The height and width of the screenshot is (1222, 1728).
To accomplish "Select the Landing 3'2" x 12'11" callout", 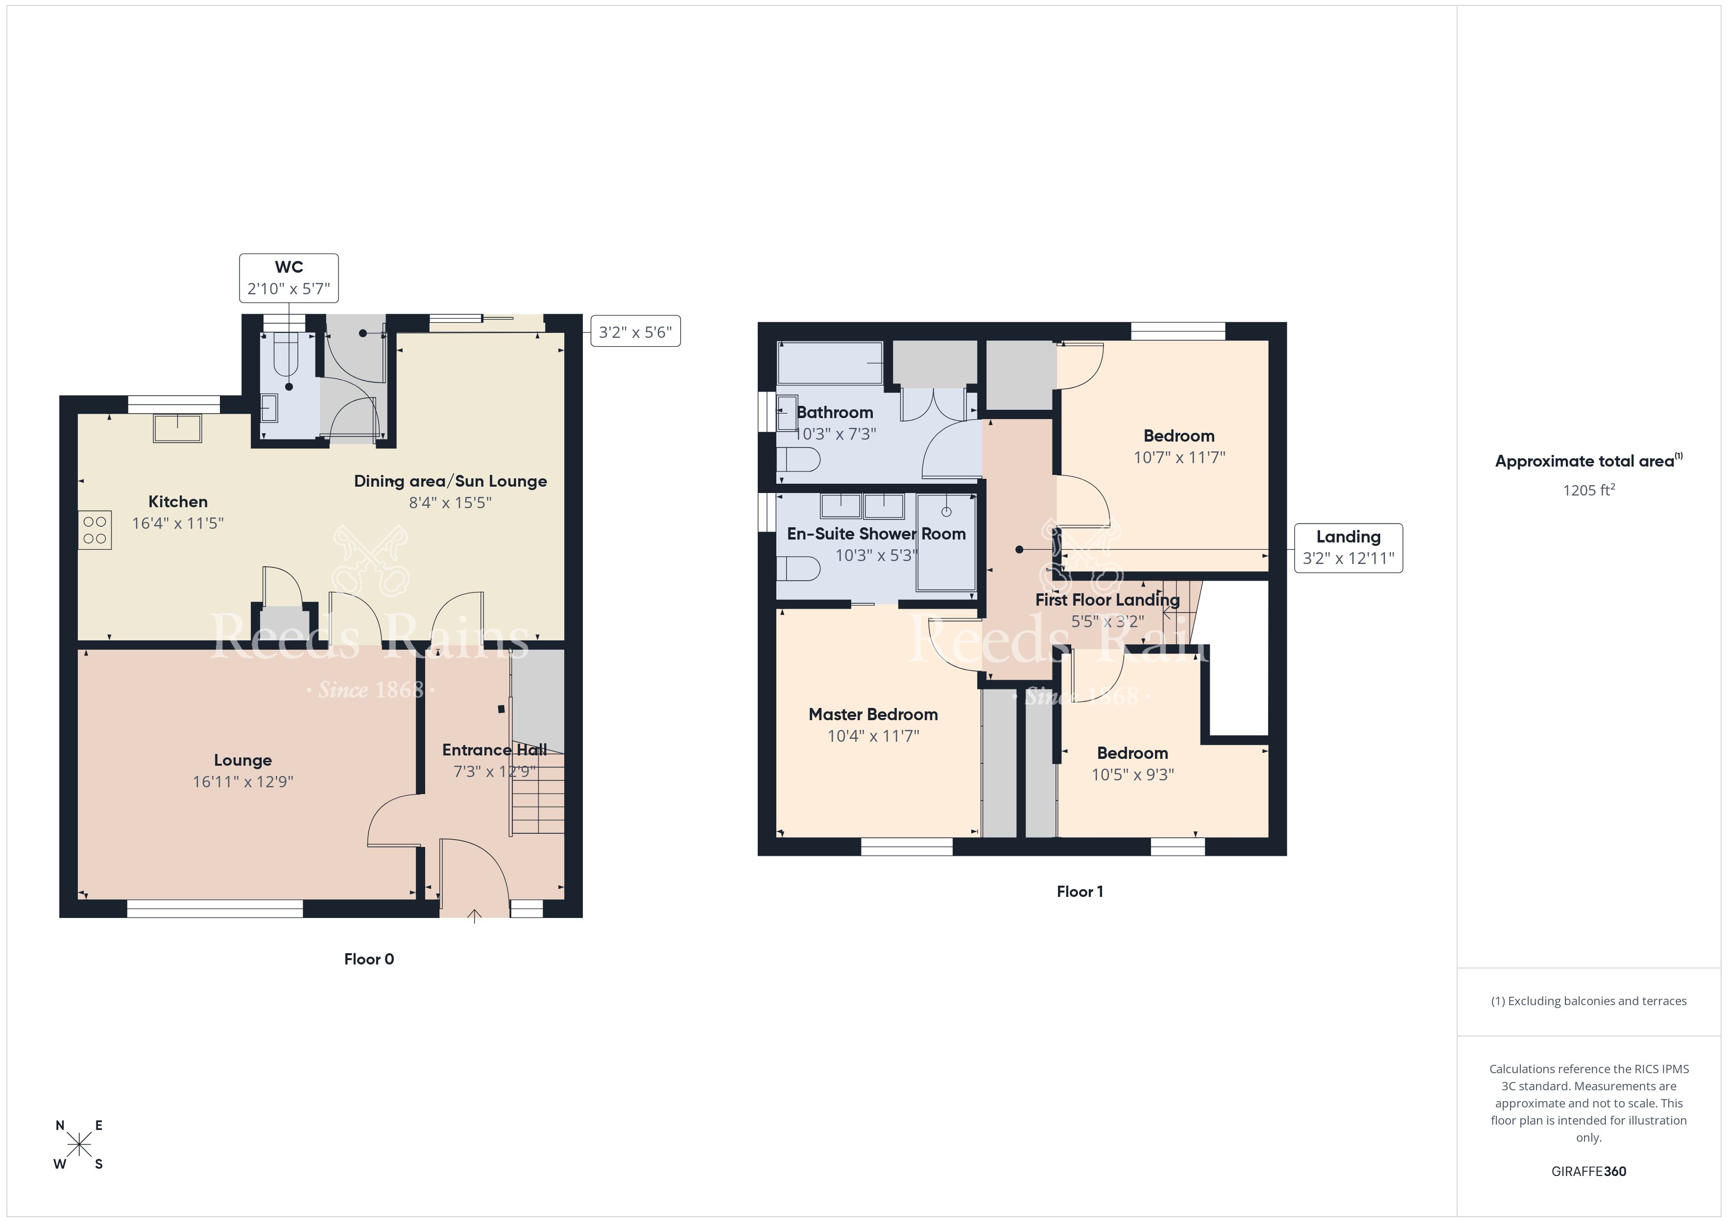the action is click(1348, 548).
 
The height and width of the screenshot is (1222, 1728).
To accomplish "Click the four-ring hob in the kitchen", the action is click(95, 530).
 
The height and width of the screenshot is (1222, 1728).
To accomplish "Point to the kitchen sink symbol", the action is click(178, 428).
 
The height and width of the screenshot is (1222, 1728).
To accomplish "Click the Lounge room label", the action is click(242, 760).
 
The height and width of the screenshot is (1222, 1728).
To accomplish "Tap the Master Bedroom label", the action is click(873, 714).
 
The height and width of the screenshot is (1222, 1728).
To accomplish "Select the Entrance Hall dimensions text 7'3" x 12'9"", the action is click(495, 771).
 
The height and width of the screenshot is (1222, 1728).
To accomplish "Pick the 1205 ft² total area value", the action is click(1589, 490).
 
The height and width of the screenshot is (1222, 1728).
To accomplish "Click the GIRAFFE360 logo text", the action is click(1589, 1171).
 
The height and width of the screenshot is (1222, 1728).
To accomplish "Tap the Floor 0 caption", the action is click(369, 959).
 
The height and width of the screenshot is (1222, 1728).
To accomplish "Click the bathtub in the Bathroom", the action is click(830, 363).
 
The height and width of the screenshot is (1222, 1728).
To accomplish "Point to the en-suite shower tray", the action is click(946, 542).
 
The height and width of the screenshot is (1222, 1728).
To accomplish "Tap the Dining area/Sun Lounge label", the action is click(450, 481).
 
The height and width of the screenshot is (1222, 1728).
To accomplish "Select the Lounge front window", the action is click(215, 909).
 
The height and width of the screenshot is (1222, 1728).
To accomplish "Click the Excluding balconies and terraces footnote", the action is click(1589, 1001).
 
